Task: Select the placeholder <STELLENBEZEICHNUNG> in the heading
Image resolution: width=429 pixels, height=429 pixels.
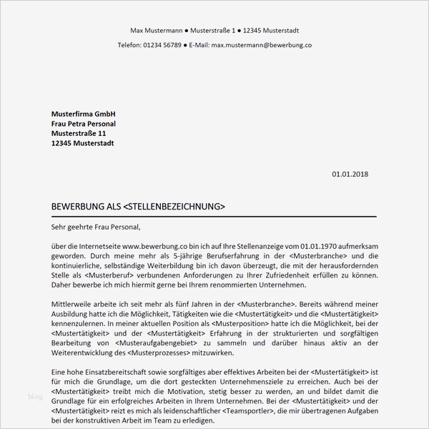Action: (x=174, y=207)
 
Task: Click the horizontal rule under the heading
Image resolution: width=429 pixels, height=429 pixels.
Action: (x=214, y=215)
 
